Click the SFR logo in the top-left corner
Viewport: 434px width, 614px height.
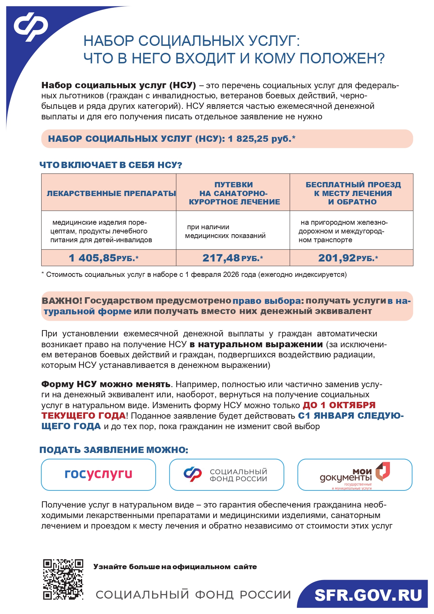pyautogui.click(x=31, y=26)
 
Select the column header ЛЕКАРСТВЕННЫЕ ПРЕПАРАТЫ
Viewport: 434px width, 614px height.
pyautogui.click(x=111, y=193)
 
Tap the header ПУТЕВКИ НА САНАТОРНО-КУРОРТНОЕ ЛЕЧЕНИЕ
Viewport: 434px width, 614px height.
pyautogui.click(x=234, y=193)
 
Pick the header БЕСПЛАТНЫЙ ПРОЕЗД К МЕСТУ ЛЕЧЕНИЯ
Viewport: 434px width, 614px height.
pyautogui.click(x=353, y=193)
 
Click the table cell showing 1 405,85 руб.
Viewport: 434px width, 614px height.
pyautogui.click(x=104, y=258)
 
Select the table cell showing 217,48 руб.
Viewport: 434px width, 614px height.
pyautogui.click(x=233, y=258)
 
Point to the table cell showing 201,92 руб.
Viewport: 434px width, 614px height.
pyautogui.click(x=348, y=258)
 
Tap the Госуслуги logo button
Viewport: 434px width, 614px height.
pyautogui.click(x=98, y=474)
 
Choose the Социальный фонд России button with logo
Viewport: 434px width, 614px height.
pyautogui.click(x=226, y=475)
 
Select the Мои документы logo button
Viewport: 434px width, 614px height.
pyautogui.click(x=355, y=475)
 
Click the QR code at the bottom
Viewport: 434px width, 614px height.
pyautogui.click(x=63, y=579)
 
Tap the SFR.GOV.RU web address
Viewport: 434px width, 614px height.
pyautogui.click(x=368, y=595)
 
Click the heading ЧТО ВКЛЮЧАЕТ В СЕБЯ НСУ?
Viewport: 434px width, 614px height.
pyautogui.click(x=111, y=165)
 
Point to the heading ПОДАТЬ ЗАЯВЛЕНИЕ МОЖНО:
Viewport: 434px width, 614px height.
pyautogui.click(x=114, y=450)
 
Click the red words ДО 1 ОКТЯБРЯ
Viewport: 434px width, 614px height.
pyautogui.click(x=339, y=405)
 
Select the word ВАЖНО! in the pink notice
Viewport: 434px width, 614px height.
pyautogui.click(x=62, y=301)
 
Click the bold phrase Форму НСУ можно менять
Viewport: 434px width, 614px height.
pyautogui.click(x=106, y=384)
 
